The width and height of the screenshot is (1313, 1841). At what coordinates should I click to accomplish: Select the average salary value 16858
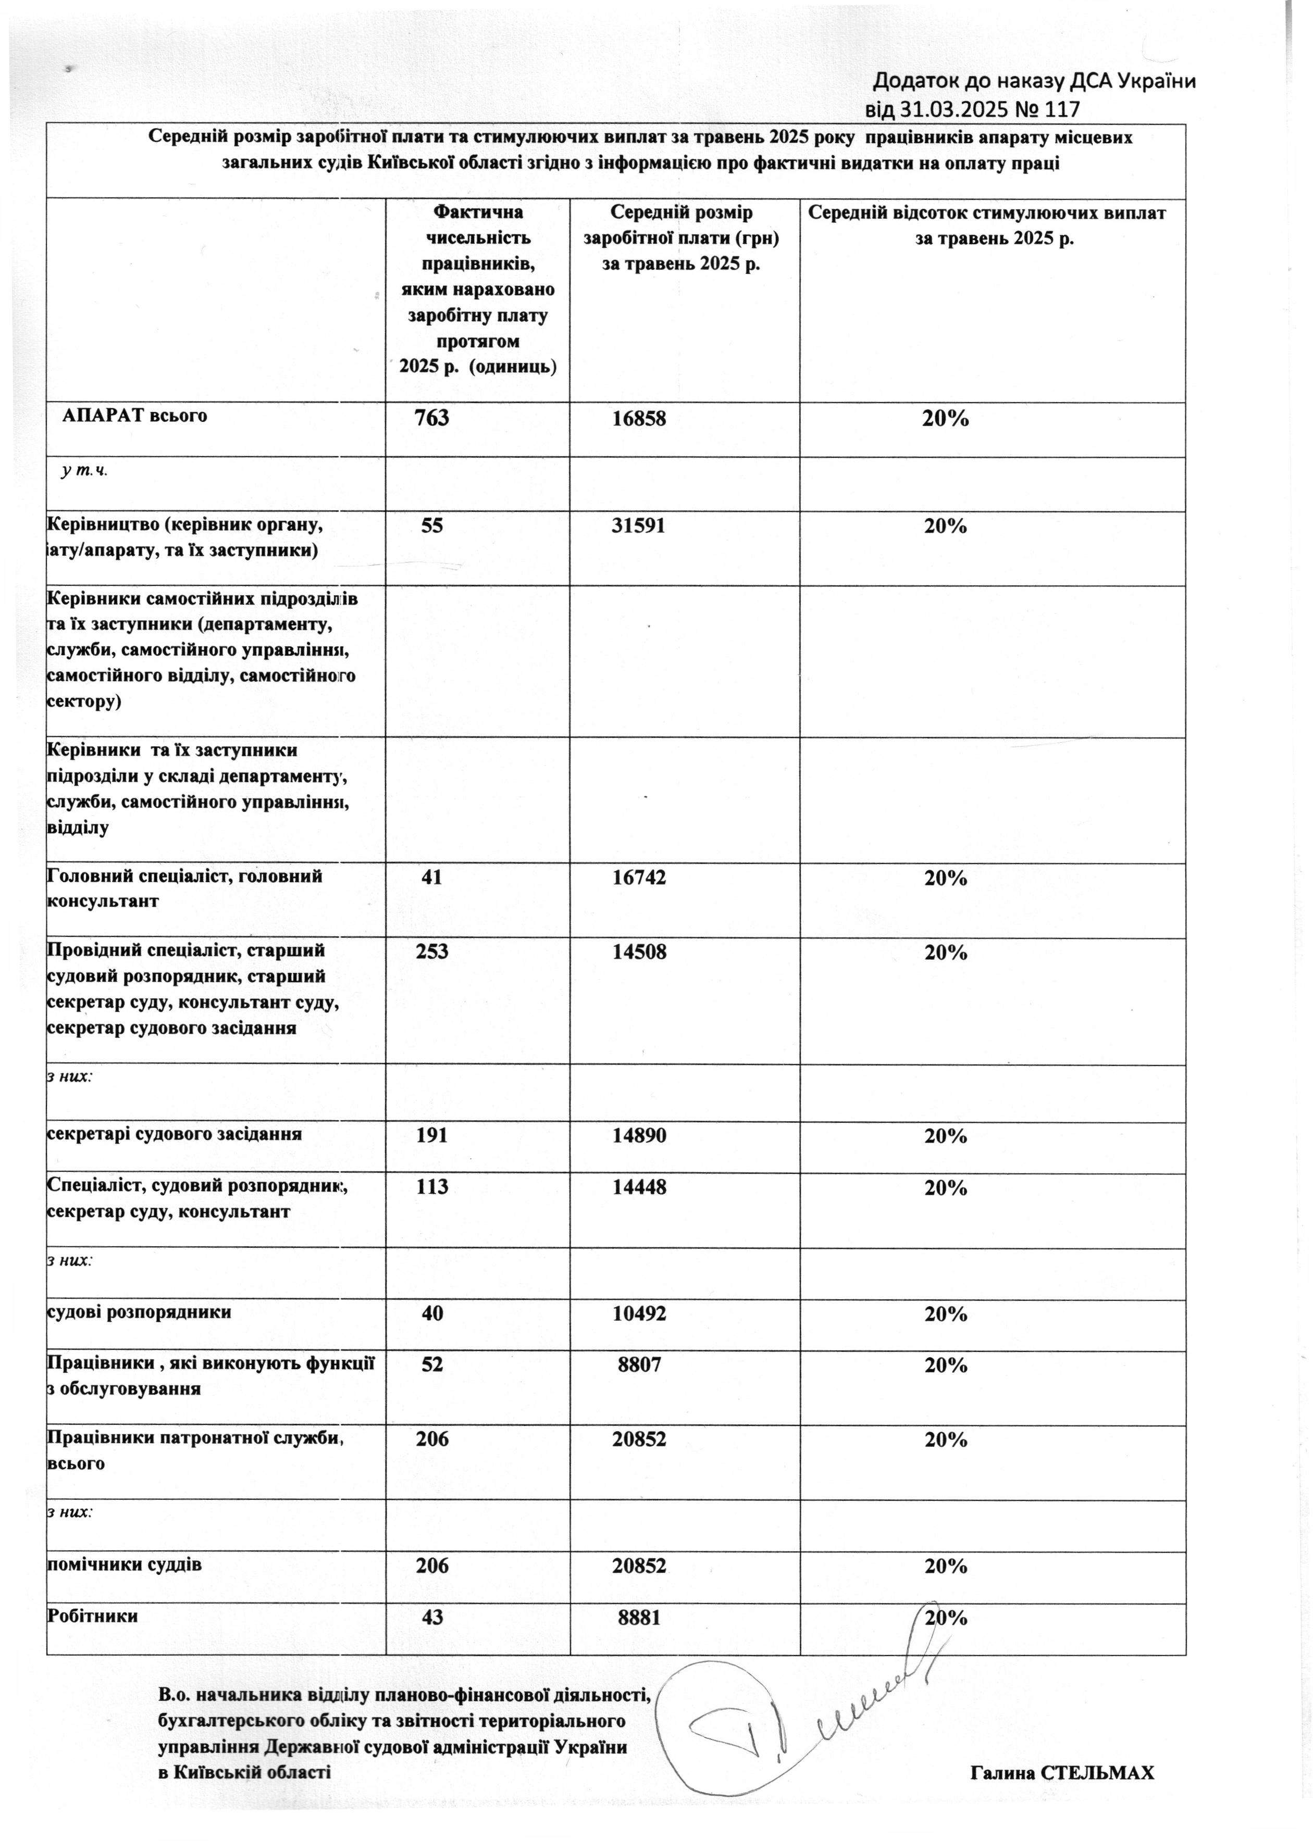pos(639,419)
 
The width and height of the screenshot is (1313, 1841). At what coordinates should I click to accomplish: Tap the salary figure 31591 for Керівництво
pos(639,526)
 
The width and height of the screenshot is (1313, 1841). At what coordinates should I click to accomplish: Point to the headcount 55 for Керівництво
pos(432,526)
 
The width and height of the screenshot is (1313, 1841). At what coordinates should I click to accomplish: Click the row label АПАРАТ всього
pos(135,416)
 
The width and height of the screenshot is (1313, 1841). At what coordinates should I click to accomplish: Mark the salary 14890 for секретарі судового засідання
pos(639,1135)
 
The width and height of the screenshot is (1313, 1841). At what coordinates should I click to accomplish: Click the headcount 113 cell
pos(432,1187)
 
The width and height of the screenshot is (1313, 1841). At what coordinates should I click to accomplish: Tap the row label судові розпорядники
pos(139,1312)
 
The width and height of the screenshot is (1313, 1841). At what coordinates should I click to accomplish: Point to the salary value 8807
pos(639,1365)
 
